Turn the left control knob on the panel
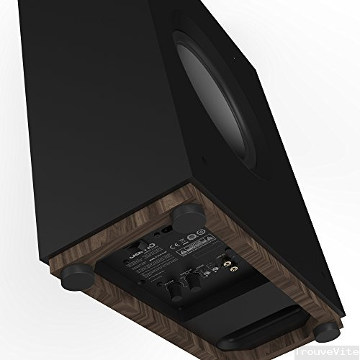(174, 290)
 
